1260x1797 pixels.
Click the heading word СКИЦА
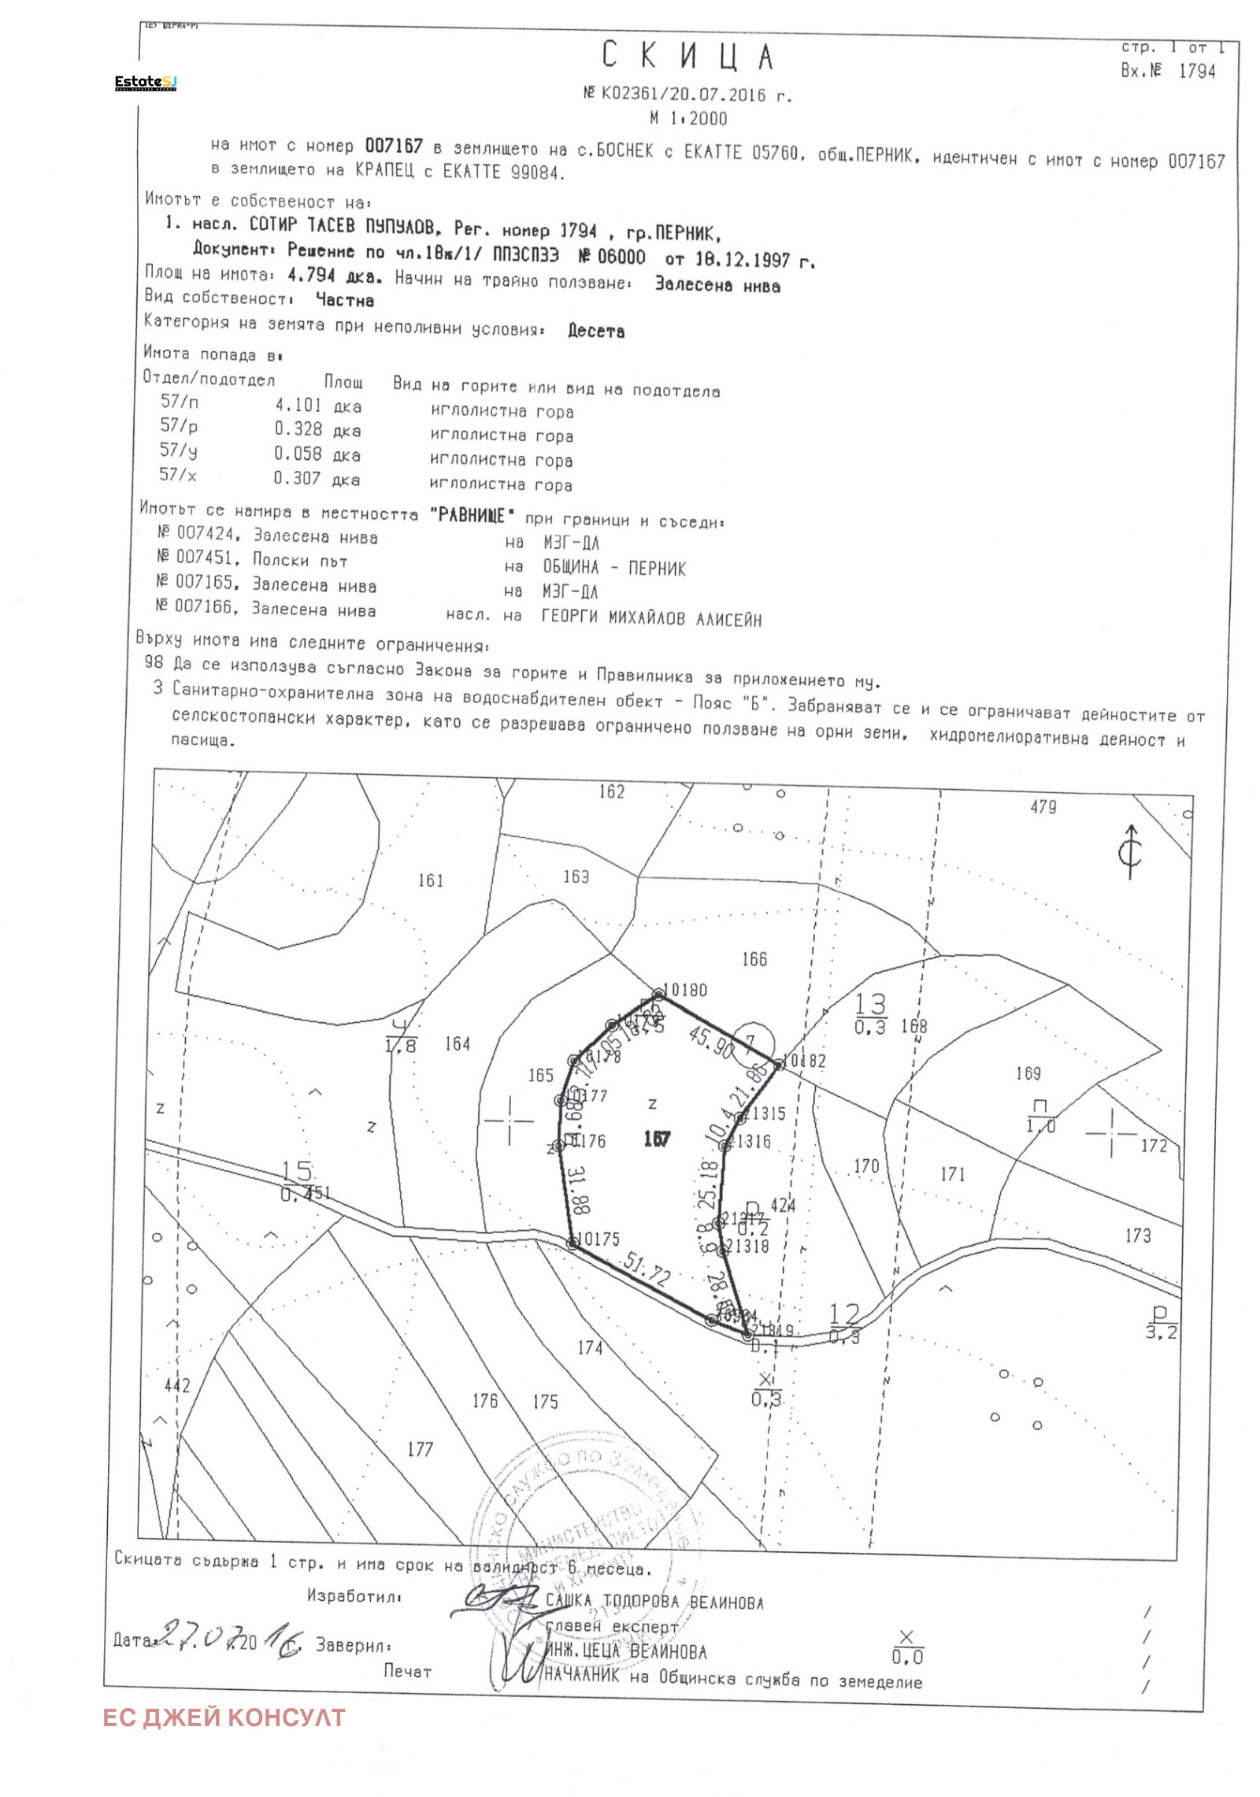(688, 57)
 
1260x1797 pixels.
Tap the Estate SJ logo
(146, 82)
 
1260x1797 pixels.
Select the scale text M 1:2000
(688, 119)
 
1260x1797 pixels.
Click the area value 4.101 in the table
(298, 405)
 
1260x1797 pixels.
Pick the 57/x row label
(178, 474)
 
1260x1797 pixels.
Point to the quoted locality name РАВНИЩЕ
(472, 516)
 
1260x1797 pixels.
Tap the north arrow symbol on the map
(1131, 851)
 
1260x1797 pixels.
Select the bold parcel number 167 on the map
(656, 1139)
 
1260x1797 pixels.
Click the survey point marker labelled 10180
(659, 995)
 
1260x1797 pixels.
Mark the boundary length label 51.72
(646, 1269)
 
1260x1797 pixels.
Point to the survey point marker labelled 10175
(573, 1243)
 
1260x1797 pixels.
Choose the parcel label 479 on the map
(1043, 807)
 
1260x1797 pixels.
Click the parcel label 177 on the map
(420, 1450)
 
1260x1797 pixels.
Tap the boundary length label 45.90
(711, 1042)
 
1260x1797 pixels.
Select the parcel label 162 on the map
(611, 791)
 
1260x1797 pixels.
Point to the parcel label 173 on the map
(1137, 1236)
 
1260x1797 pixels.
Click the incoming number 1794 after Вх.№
(1197, 71)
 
